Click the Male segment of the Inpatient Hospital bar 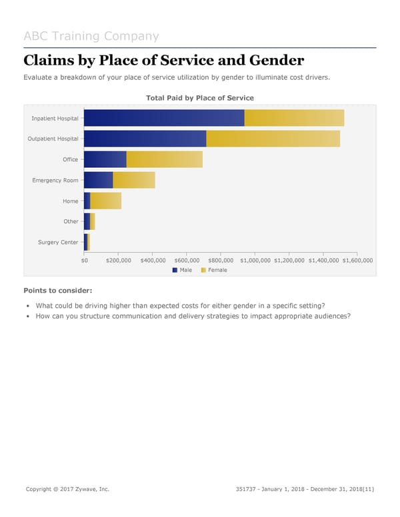[164, 118]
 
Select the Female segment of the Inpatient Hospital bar [294, 118]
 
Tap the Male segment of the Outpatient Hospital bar [145, 139]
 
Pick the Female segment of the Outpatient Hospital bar [273, 139]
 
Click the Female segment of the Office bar [164, 159]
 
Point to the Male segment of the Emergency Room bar [99, 180]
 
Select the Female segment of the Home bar [105, 201]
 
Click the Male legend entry [182, 270]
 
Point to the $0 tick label [84, 260]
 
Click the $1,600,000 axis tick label [357, 260]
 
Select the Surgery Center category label [59, 242]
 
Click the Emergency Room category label [55, 180]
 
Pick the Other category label [71, 221]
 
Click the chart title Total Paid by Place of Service [199, 98]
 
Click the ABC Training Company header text [91, 36]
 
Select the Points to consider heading [57, 290]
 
